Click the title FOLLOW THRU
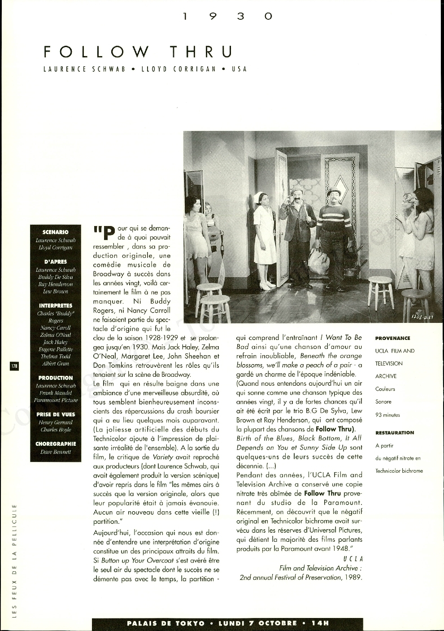(138, 52)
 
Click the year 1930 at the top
(228, 17)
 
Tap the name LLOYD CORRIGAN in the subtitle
(178, 70)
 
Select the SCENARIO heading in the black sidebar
(56, 232)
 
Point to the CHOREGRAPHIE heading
(56, 444)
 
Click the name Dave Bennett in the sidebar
(56, 452)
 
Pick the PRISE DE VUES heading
(56, 414)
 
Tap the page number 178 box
(14, 366)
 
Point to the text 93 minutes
(387, 415)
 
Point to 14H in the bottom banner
(320, 623)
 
